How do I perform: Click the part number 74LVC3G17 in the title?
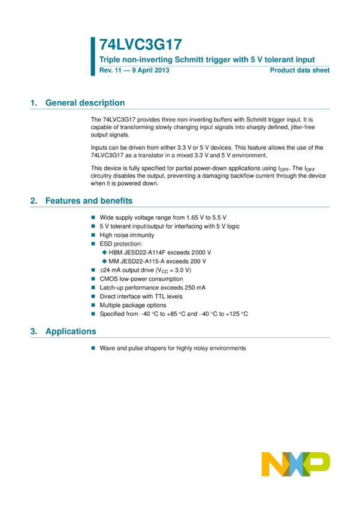click(x=140, y=45)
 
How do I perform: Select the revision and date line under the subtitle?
click(x=134, y=70)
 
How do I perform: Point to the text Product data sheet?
click(x=300, y=70)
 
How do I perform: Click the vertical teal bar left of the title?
click(x=93, y=56)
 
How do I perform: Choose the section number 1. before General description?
click(x=34, y=103)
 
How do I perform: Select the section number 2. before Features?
click(x=34, y=201)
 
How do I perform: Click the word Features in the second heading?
click(x=63, y=201)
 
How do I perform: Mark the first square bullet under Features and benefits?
click(x=93, y=217)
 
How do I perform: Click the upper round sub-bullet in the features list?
click(x=104, y=252)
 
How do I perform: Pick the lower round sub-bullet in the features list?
click(x=104, y=261)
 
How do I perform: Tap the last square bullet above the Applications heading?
click(x=93, y=313)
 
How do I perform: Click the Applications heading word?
click(x=71, y=332)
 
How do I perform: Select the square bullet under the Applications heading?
click(x=93, y=348)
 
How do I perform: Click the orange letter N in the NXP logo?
click(x=273, y=464)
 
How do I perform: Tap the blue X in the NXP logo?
click(x=296, y=464)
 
